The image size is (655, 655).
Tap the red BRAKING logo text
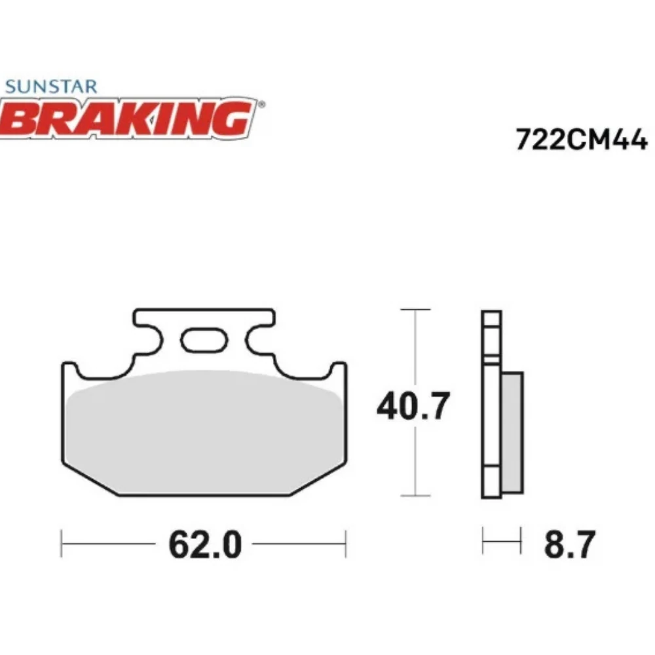[128, 119]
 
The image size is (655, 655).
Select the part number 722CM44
[581, 140]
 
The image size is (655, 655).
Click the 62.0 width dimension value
[204, 544]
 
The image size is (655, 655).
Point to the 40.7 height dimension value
[413, 406]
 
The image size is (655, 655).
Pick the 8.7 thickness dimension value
[569, 544]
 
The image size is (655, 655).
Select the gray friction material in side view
[512, 432]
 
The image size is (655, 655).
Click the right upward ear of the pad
[337, 371]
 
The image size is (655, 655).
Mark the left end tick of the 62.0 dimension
[61, 544]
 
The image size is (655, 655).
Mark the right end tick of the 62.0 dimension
[345, 544]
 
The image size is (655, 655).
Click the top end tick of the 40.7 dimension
[415, 309]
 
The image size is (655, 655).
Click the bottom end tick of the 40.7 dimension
[415, 496]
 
